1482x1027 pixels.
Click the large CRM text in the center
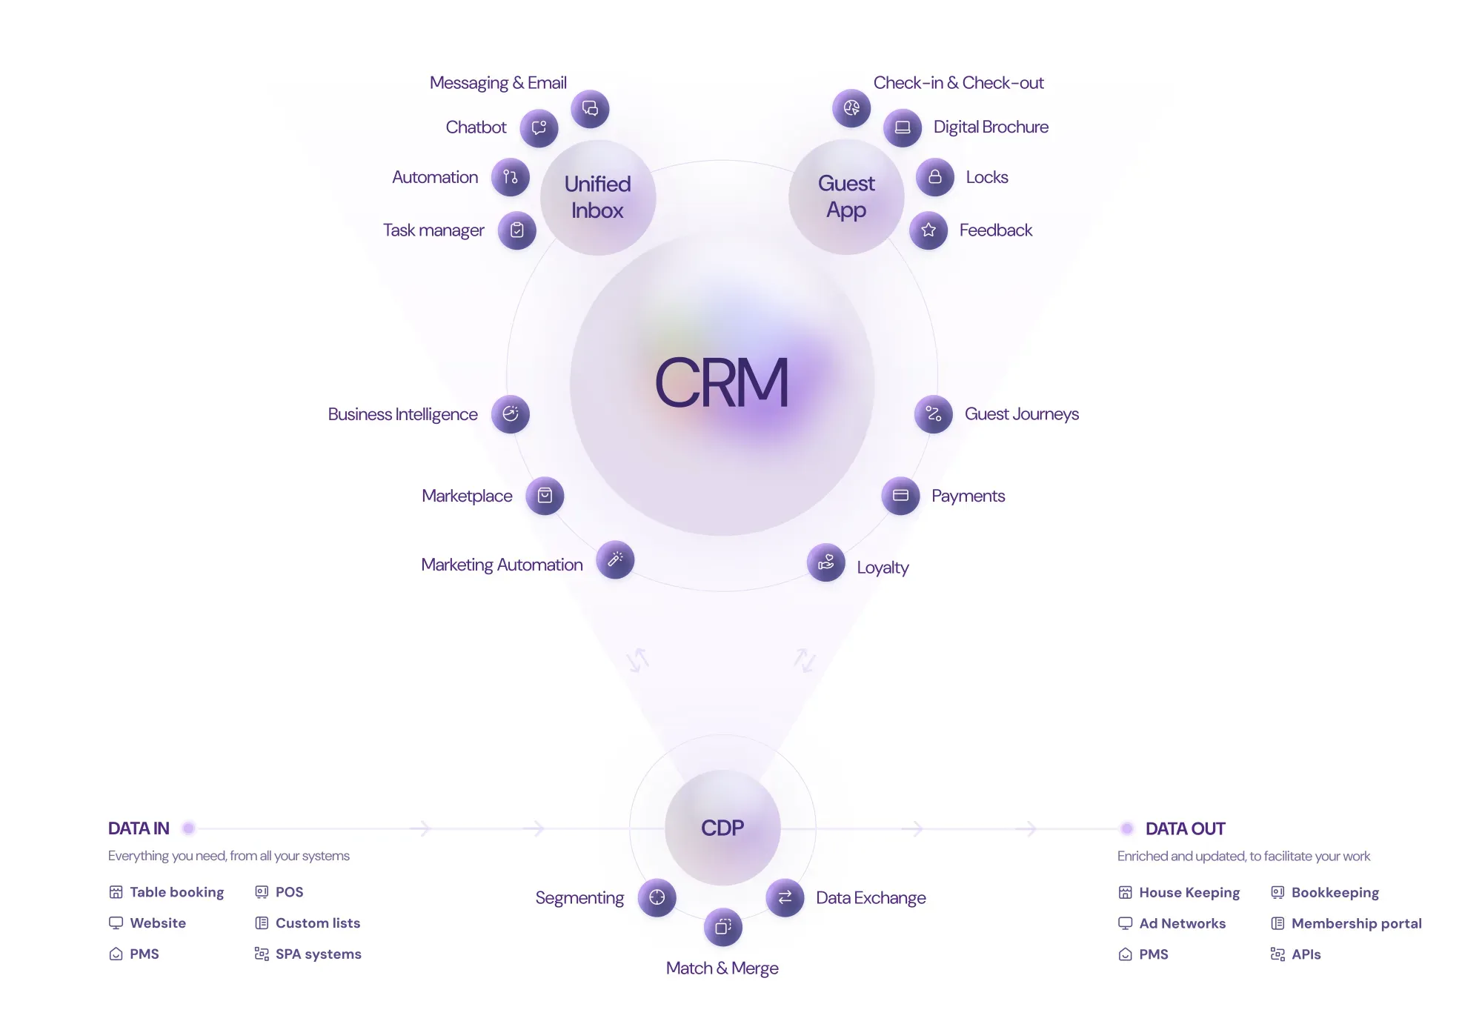click(x=722, y=382)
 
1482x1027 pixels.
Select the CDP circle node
click(x=722, y=828)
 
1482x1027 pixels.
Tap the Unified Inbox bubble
click(x=598, y=197)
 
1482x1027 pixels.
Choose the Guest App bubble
click(x=846, y=196)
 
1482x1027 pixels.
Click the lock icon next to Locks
click(x=935, y=177)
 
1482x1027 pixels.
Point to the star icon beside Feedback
click(x=928, y=230)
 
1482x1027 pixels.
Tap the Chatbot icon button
click(x=539, y=128)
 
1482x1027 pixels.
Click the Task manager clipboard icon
click(x=517, y=230)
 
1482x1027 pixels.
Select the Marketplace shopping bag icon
click(x=545, y=496)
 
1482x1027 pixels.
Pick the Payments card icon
click(x=900, y=496)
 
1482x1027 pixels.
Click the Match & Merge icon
click(x=723, y=927)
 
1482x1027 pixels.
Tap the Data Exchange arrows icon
click(x=785, y=898)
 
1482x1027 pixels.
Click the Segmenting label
click(x=579, y=898)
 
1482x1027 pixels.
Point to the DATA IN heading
click(x=139, y=828)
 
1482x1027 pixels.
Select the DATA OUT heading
click(x=1185, y=828)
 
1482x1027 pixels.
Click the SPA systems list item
click(x=308, y=954)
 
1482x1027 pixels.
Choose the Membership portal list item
click(x=1346, y=923)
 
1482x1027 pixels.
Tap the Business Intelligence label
click(x=402, y=414)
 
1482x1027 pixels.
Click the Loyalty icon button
click(x=826, y=562)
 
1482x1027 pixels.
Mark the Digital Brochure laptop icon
click(x=903, y=127)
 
